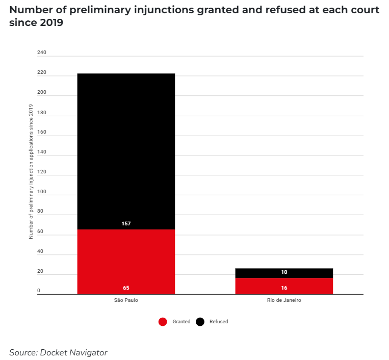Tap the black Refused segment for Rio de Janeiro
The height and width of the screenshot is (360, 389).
pyautogui.click(x=284, y=273)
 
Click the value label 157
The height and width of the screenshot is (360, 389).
pyautogui.click(x=126, y=223)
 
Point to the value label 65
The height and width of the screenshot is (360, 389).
pyautogui.click(x=126, y=288)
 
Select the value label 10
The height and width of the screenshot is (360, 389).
pyautogui.click(x=284, y=272)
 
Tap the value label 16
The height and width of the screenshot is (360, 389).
pyautogui.click(x=284, y=288)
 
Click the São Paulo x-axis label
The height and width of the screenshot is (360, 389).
pyautogui.click(x=126, y=300)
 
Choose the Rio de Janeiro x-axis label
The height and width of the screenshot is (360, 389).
pyautogui.click(x=284, y=300)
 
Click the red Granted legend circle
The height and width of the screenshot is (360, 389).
pyautogui.click(x=163, y=322)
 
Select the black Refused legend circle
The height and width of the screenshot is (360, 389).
pyautogui.click(x=200, y=322)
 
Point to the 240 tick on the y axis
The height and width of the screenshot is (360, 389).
pyautogui.click(x=42, y=53)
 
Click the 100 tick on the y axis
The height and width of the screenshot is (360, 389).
pyautogui.click(x=42, y=192)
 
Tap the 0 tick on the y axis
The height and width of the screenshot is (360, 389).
pyautogui.click(x=39, y=291)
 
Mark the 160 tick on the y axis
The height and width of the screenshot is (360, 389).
pyautogui.click(x=42, y=132)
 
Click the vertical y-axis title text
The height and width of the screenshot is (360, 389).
pyautogui.click(x=31, y=171)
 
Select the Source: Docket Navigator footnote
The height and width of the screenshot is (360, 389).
pyautogui.click(x=58, y=352)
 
